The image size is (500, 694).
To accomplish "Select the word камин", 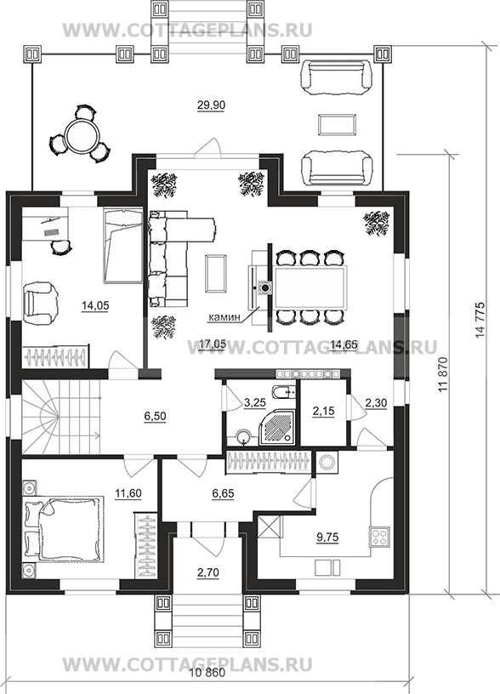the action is pos(224,317).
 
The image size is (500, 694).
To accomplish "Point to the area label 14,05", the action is pos(95,305).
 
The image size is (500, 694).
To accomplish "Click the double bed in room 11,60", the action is pos(65,527).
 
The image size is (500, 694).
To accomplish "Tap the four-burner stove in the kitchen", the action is pos(379,537).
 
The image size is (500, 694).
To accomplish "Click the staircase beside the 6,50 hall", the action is pos(60,417).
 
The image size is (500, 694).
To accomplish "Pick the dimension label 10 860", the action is pos(207,685).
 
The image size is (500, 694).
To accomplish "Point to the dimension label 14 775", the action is pos(480,321).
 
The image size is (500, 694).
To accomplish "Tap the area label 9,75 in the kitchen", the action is pos(327,537).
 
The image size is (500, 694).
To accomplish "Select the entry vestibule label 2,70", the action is pos(207,572).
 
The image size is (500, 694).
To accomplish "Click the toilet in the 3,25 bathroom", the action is pos(284,391).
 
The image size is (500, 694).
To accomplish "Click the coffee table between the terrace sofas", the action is pos(338,123).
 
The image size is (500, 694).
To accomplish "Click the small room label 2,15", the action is pos(323,411).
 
